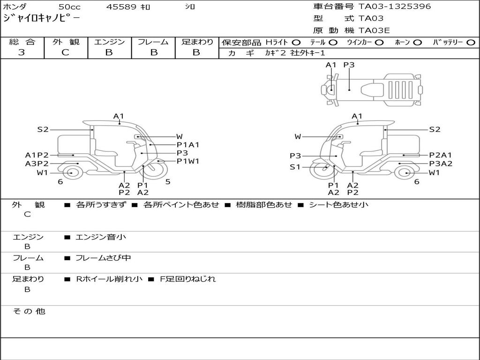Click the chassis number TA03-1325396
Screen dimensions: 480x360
(x=395, y=7)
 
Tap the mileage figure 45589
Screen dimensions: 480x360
(x=121, y=7)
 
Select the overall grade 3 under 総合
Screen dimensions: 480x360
(x=22, y=52)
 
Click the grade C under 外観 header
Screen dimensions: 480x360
(x=65, y=52)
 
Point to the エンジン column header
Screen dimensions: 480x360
(x=109, y=42)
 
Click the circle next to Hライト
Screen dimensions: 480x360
(x=296, y=43)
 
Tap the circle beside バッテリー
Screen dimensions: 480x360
(x=471, y=43)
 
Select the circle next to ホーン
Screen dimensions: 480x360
(x=417, y=43)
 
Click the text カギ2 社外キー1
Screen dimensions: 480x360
(x=295, y=53)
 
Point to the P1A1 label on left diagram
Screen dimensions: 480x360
(x=187, y=145)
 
